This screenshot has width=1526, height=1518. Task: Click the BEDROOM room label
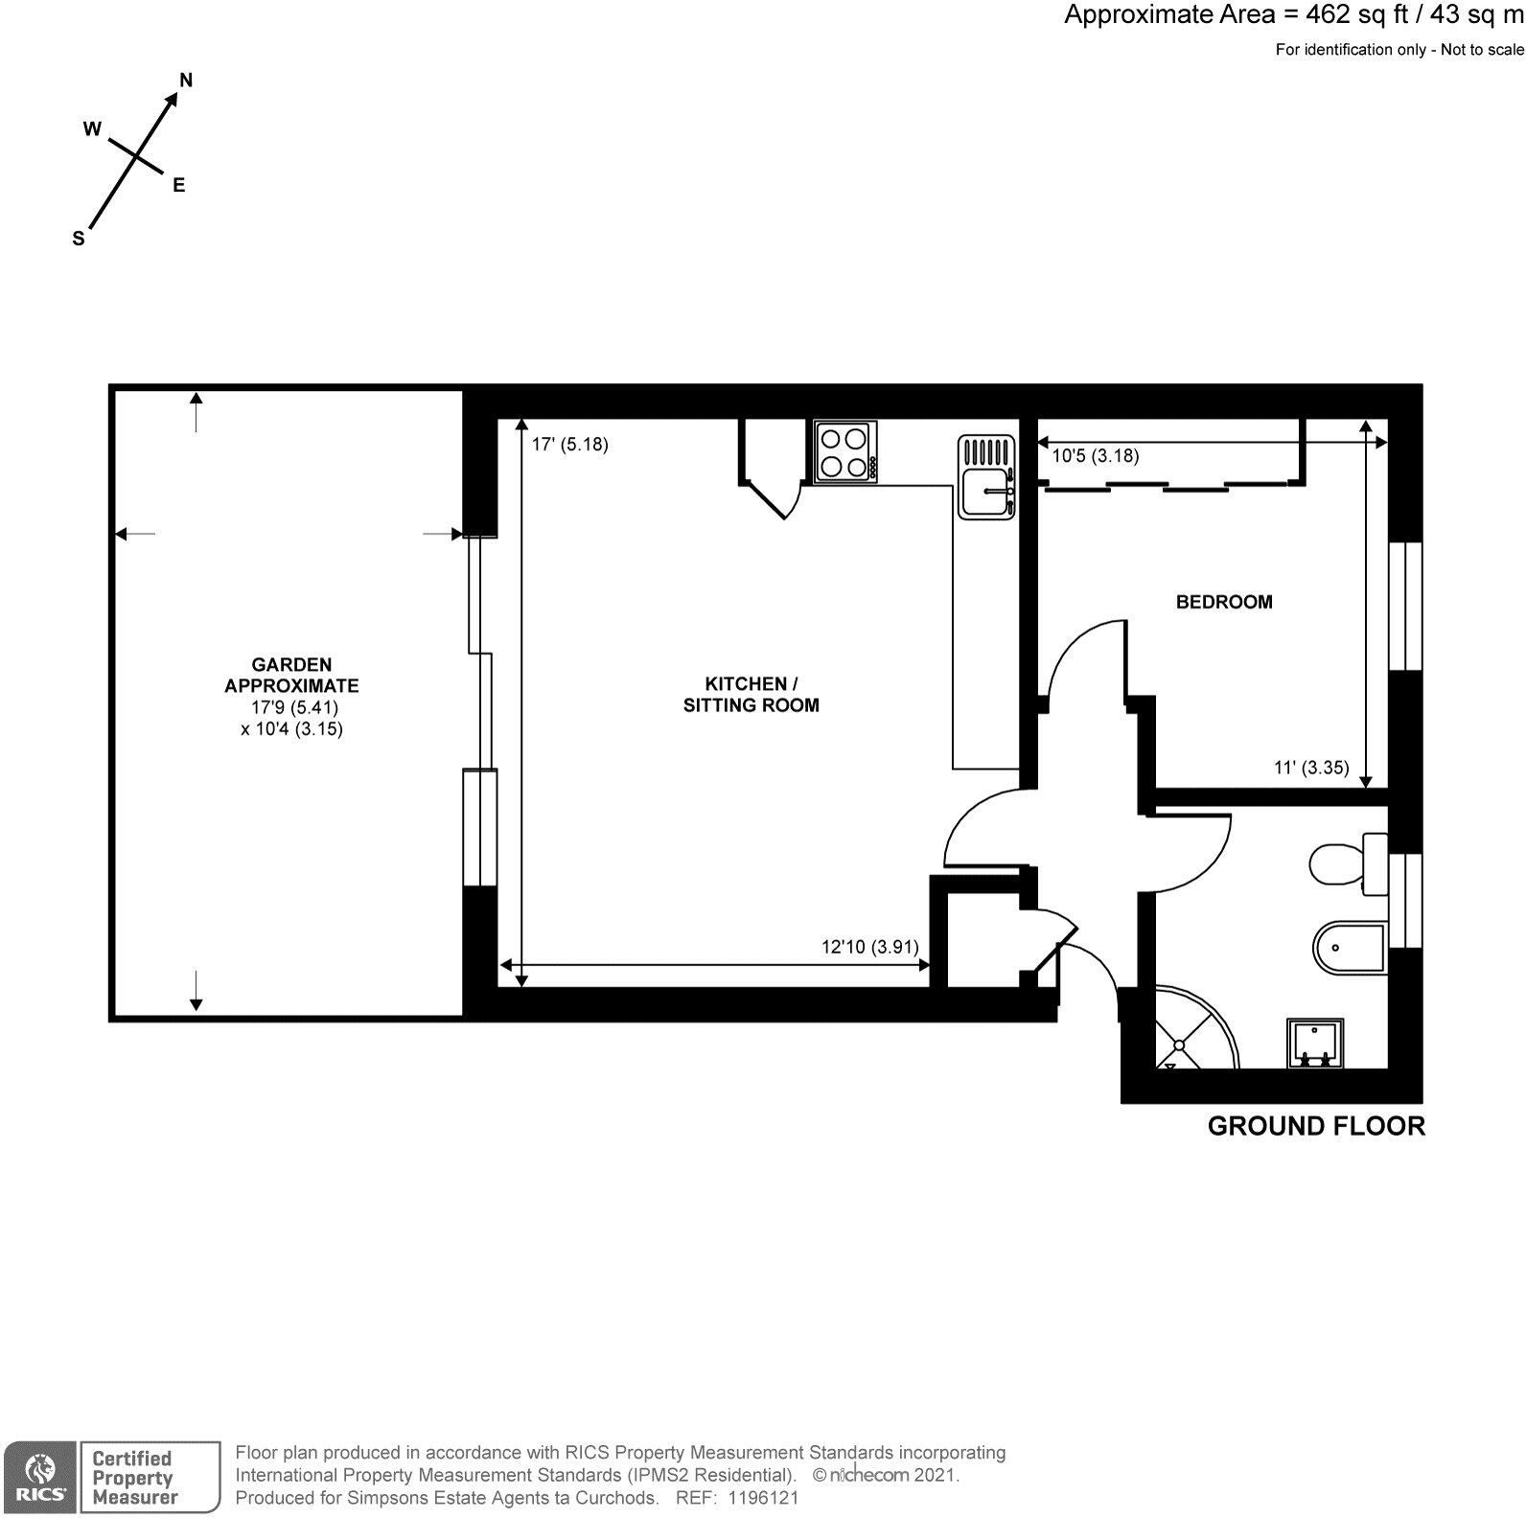1224,602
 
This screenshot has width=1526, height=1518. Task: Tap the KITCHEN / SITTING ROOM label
751,694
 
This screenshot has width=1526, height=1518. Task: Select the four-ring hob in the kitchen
844,452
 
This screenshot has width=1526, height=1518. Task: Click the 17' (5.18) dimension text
570,445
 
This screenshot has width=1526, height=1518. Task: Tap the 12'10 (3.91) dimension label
869,947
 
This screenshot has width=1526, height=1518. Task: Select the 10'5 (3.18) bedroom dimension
1095,456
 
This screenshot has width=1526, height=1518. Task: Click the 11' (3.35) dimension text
1310,767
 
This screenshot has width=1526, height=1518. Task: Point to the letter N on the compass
187,80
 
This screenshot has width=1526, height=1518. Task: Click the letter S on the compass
79,240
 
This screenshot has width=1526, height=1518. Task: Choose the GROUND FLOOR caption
1315,1126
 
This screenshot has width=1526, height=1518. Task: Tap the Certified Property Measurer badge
134,1477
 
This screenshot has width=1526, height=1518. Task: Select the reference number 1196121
764,1498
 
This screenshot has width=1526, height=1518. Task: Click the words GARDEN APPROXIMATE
291,675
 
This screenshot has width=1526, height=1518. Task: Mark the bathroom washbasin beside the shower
1316,1044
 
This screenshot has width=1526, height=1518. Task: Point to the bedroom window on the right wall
1405,606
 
